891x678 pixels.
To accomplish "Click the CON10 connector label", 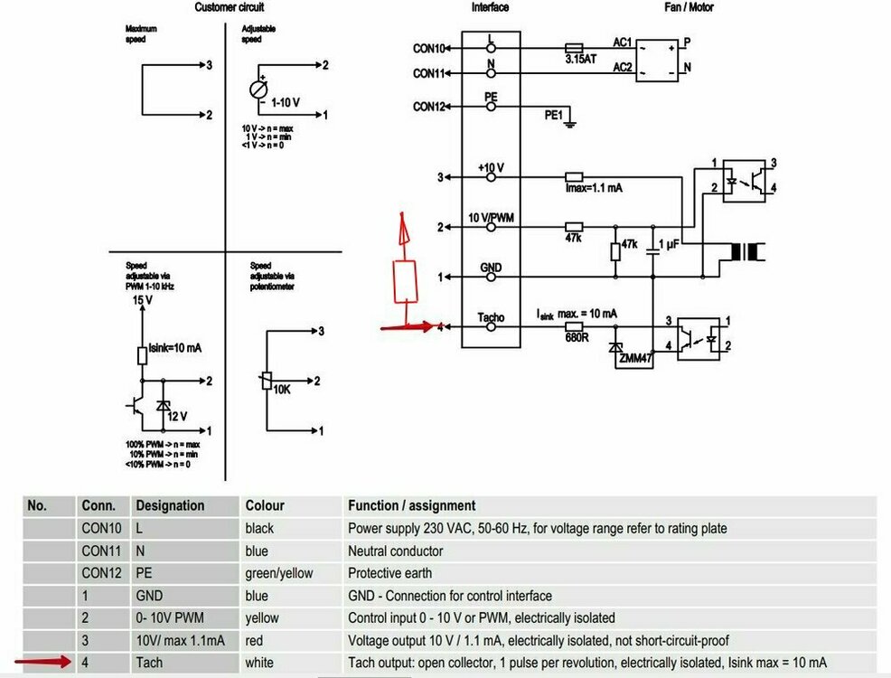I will [429, 48].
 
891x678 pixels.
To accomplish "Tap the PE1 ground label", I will [553, 116].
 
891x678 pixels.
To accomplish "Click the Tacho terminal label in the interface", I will [490, 317].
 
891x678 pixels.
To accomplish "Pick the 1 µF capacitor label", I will [670, 245].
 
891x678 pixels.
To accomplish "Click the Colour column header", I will [265, 506].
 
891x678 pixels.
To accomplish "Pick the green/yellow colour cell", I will [279, 573].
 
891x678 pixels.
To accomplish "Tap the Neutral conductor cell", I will [395, 551].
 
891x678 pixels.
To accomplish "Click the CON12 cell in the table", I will [100, 573].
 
